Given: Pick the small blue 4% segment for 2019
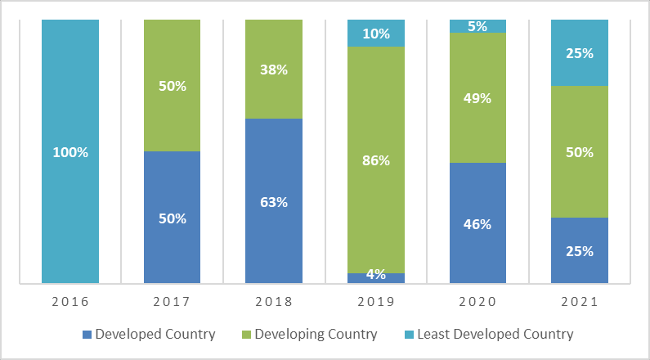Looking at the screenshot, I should tap(376, 278).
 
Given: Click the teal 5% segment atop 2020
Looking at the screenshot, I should tap(477, 26).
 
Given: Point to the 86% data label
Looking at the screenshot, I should tap(376, 160).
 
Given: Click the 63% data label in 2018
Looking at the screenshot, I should tap(274, 202).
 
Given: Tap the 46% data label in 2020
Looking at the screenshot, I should tap(477, 223).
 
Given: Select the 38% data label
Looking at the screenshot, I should tap(274, 70).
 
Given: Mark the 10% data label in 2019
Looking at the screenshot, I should tap(376, 34).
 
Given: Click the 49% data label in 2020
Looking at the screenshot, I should tap(477, 98).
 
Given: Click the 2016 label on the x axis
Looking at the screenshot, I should tap(69, 302).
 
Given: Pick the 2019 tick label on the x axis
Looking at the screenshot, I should tap(376, 302).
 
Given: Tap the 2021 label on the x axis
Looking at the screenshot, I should tap(580, 302).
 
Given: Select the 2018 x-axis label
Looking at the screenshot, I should tap(274, 302).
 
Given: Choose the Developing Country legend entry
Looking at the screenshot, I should tap(316, 334).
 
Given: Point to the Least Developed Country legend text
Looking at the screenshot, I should tap(495, 334).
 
